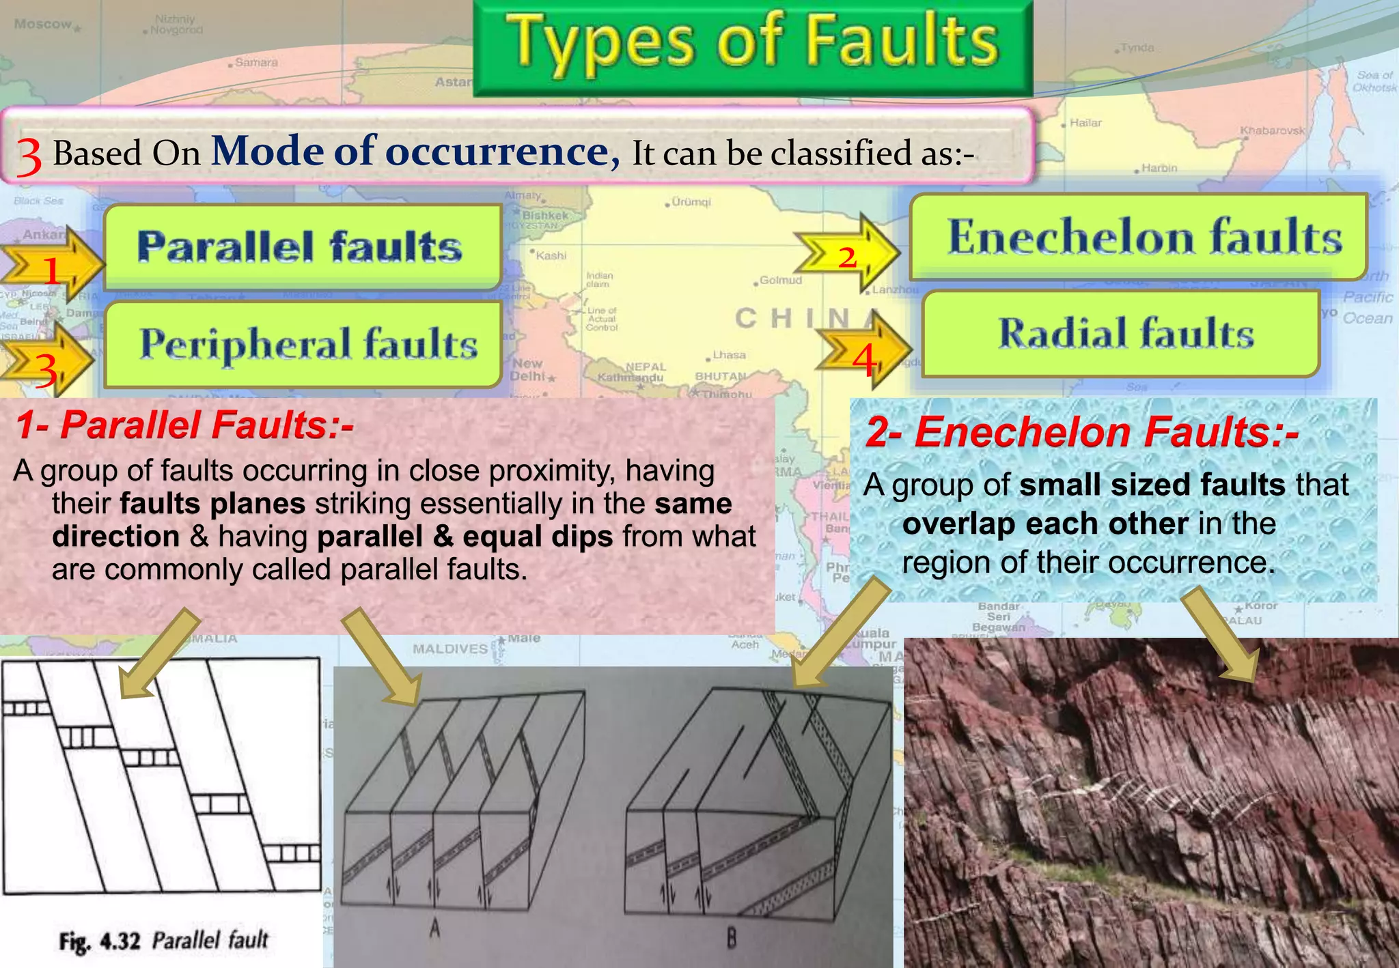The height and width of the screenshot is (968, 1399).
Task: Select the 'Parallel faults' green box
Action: tap(301, 246)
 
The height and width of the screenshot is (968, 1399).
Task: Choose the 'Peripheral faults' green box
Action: tap(307, 343)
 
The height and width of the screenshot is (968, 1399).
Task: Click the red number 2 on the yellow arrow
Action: tap(847, 257)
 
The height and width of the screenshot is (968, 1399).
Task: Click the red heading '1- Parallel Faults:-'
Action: tap(184, 425)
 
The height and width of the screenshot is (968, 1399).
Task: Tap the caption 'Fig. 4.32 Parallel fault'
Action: tap(163, 941)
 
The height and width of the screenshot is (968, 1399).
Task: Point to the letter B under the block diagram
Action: tap(732, 939)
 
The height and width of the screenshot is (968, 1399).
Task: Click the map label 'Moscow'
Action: tap(43, 25)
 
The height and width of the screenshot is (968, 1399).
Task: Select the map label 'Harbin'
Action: tap(1159, 168)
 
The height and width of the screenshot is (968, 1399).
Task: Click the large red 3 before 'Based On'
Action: tap(29, 156)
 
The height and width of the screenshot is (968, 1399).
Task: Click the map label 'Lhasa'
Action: tap(730, 355)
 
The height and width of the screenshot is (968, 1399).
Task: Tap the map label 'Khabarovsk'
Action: tap(1272, 130)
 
